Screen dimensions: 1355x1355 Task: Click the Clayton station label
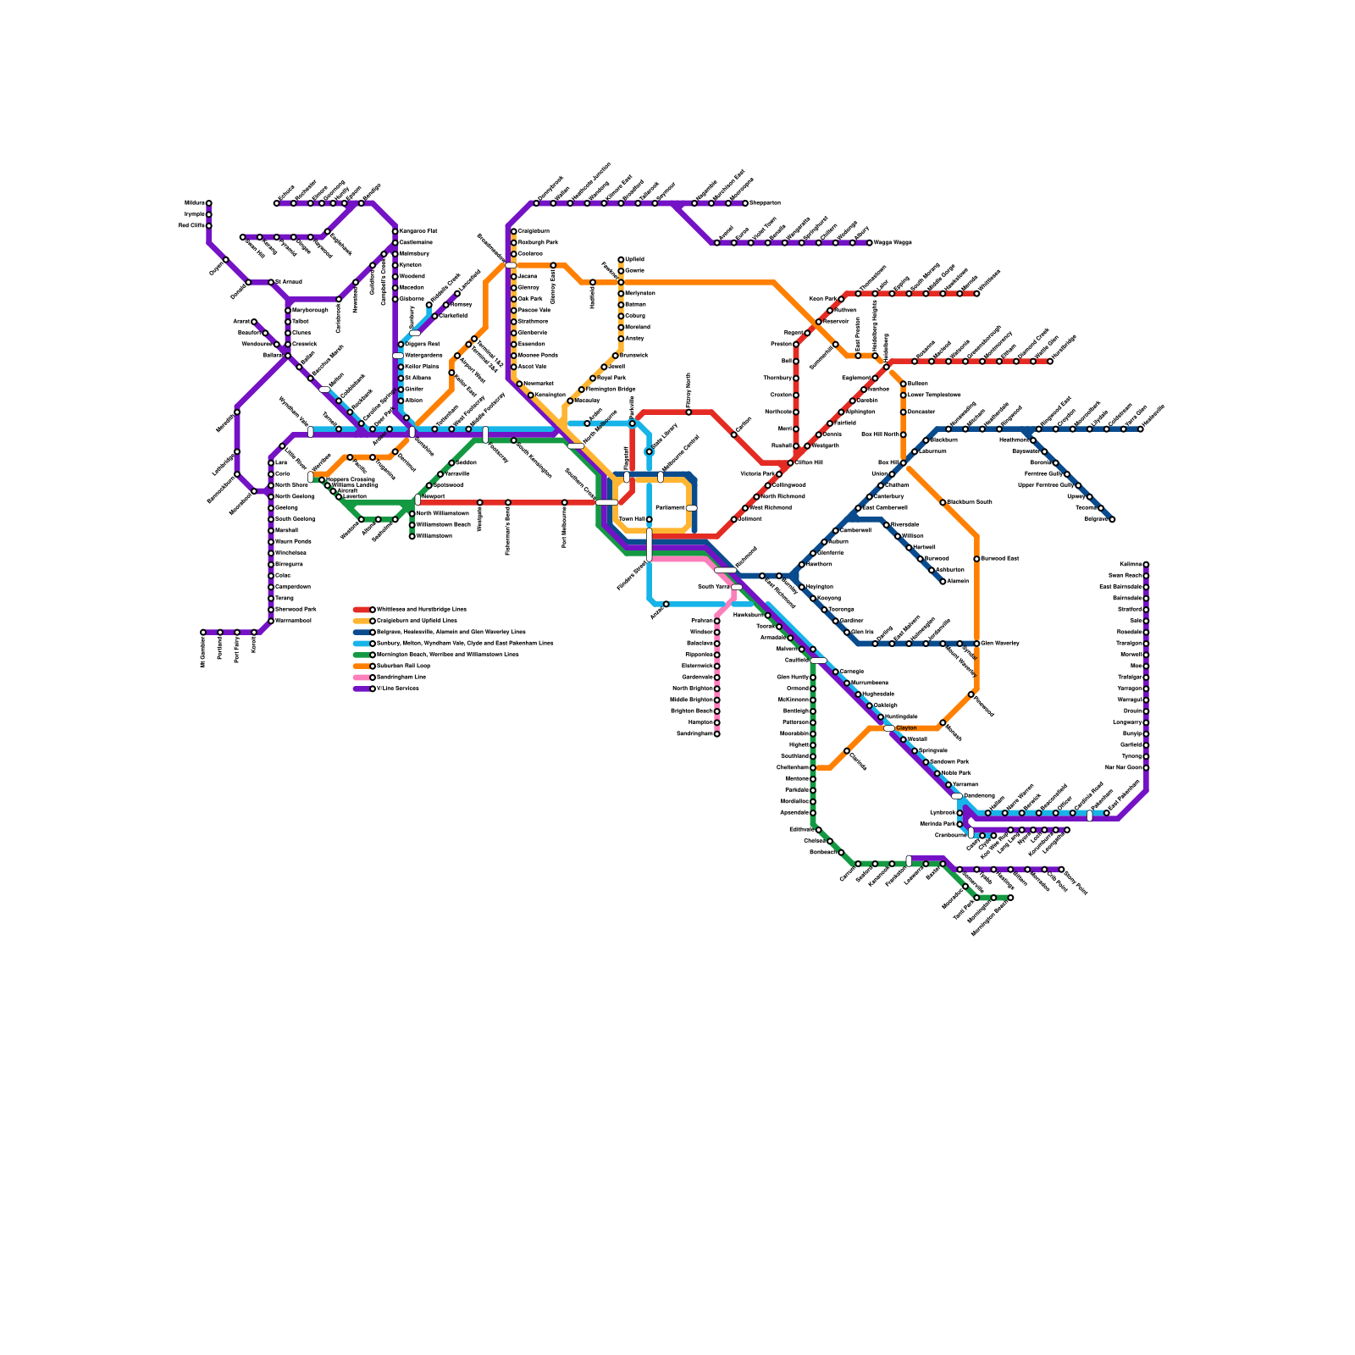[x=906, y=728]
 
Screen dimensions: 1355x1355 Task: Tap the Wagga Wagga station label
[x=893, y=243]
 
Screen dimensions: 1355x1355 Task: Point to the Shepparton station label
[x=765, y=203]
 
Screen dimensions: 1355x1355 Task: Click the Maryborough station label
[x=310, y=311]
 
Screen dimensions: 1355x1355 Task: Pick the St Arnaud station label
[x=288, y=282]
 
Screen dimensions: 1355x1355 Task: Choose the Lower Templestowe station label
[x=934, y=395]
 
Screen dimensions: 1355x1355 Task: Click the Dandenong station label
[x=979, y=796]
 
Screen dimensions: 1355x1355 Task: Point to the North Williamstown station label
[x=443, y=514]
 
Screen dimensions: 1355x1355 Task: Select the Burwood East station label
[x=1000, y=559]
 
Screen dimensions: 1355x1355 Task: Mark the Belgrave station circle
[x=1112, y=519]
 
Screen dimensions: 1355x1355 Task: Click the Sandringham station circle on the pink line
[x=716, y=734]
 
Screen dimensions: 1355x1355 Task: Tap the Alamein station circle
[x=943, y=582]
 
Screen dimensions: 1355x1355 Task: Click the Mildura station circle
[x=209, y=203]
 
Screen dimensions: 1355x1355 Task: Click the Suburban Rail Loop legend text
[x=403, y=666]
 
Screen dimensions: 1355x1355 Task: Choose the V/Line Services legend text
[x=398, y=689]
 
